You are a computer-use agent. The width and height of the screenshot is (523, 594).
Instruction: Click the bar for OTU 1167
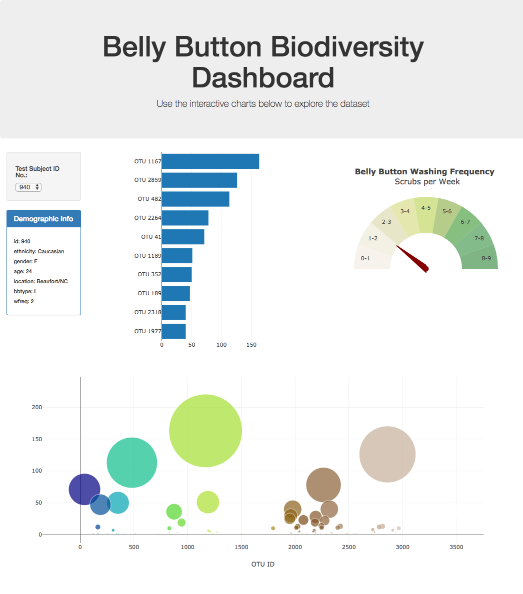[210, 161]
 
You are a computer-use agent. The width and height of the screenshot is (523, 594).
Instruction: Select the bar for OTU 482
[195, 199]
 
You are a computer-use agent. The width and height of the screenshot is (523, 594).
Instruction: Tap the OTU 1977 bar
[173, 331]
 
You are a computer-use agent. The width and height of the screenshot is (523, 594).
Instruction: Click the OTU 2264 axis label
[147, 218]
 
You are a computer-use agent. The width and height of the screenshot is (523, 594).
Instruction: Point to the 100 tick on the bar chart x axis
[222, 345]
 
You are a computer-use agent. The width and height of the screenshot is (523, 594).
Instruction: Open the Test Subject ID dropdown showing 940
[28, 187]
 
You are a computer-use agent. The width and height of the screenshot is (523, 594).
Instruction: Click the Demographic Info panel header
[43, 219]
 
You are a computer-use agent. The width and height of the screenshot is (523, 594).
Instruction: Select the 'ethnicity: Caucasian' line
[39, 251]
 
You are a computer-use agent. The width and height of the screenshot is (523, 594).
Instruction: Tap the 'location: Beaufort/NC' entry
[40, 281]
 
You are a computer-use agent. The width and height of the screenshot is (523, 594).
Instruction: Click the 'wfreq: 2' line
[24, 301]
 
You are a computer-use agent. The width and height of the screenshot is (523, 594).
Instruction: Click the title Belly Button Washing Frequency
[424, 171]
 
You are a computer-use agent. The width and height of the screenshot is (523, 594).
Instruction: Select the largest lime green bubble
[205, 431]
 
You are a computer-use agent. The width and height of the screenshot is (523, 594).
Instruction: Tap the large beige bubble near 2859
[387, 454]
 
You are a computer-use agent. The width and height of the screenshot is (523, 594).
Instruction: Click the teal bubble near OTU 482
[132, 463]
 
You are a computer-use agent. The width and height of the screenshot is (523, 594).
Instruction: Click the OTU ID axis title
[263, 564]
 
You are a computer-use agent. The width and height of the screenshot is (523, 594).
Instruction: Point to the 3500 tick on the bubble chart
[456, 547]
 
